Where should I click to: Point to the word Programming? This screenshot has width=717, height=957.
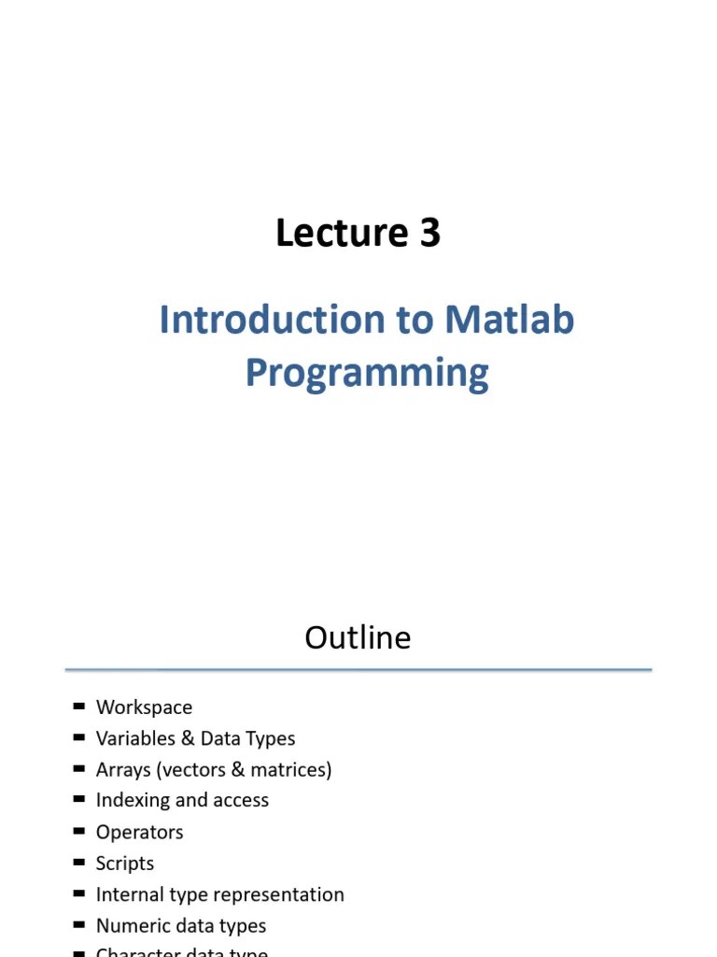(x=367, y=373)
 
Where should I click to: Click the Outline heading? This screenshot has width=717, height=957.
(x=358, y=637)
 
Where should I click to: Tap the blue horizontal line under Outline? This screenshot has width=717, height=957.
(x=358, y=670)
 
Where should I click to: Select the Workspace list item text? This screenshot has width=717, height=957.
(x=144, y=707)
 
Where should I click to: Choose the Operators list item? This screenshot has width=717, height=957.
(x=139, y=832)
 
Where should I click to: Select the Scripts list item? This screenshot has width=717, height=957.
(x=125, y=863)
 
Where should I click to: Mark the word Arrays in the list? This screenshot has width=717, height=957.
(x=123, y=769)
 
